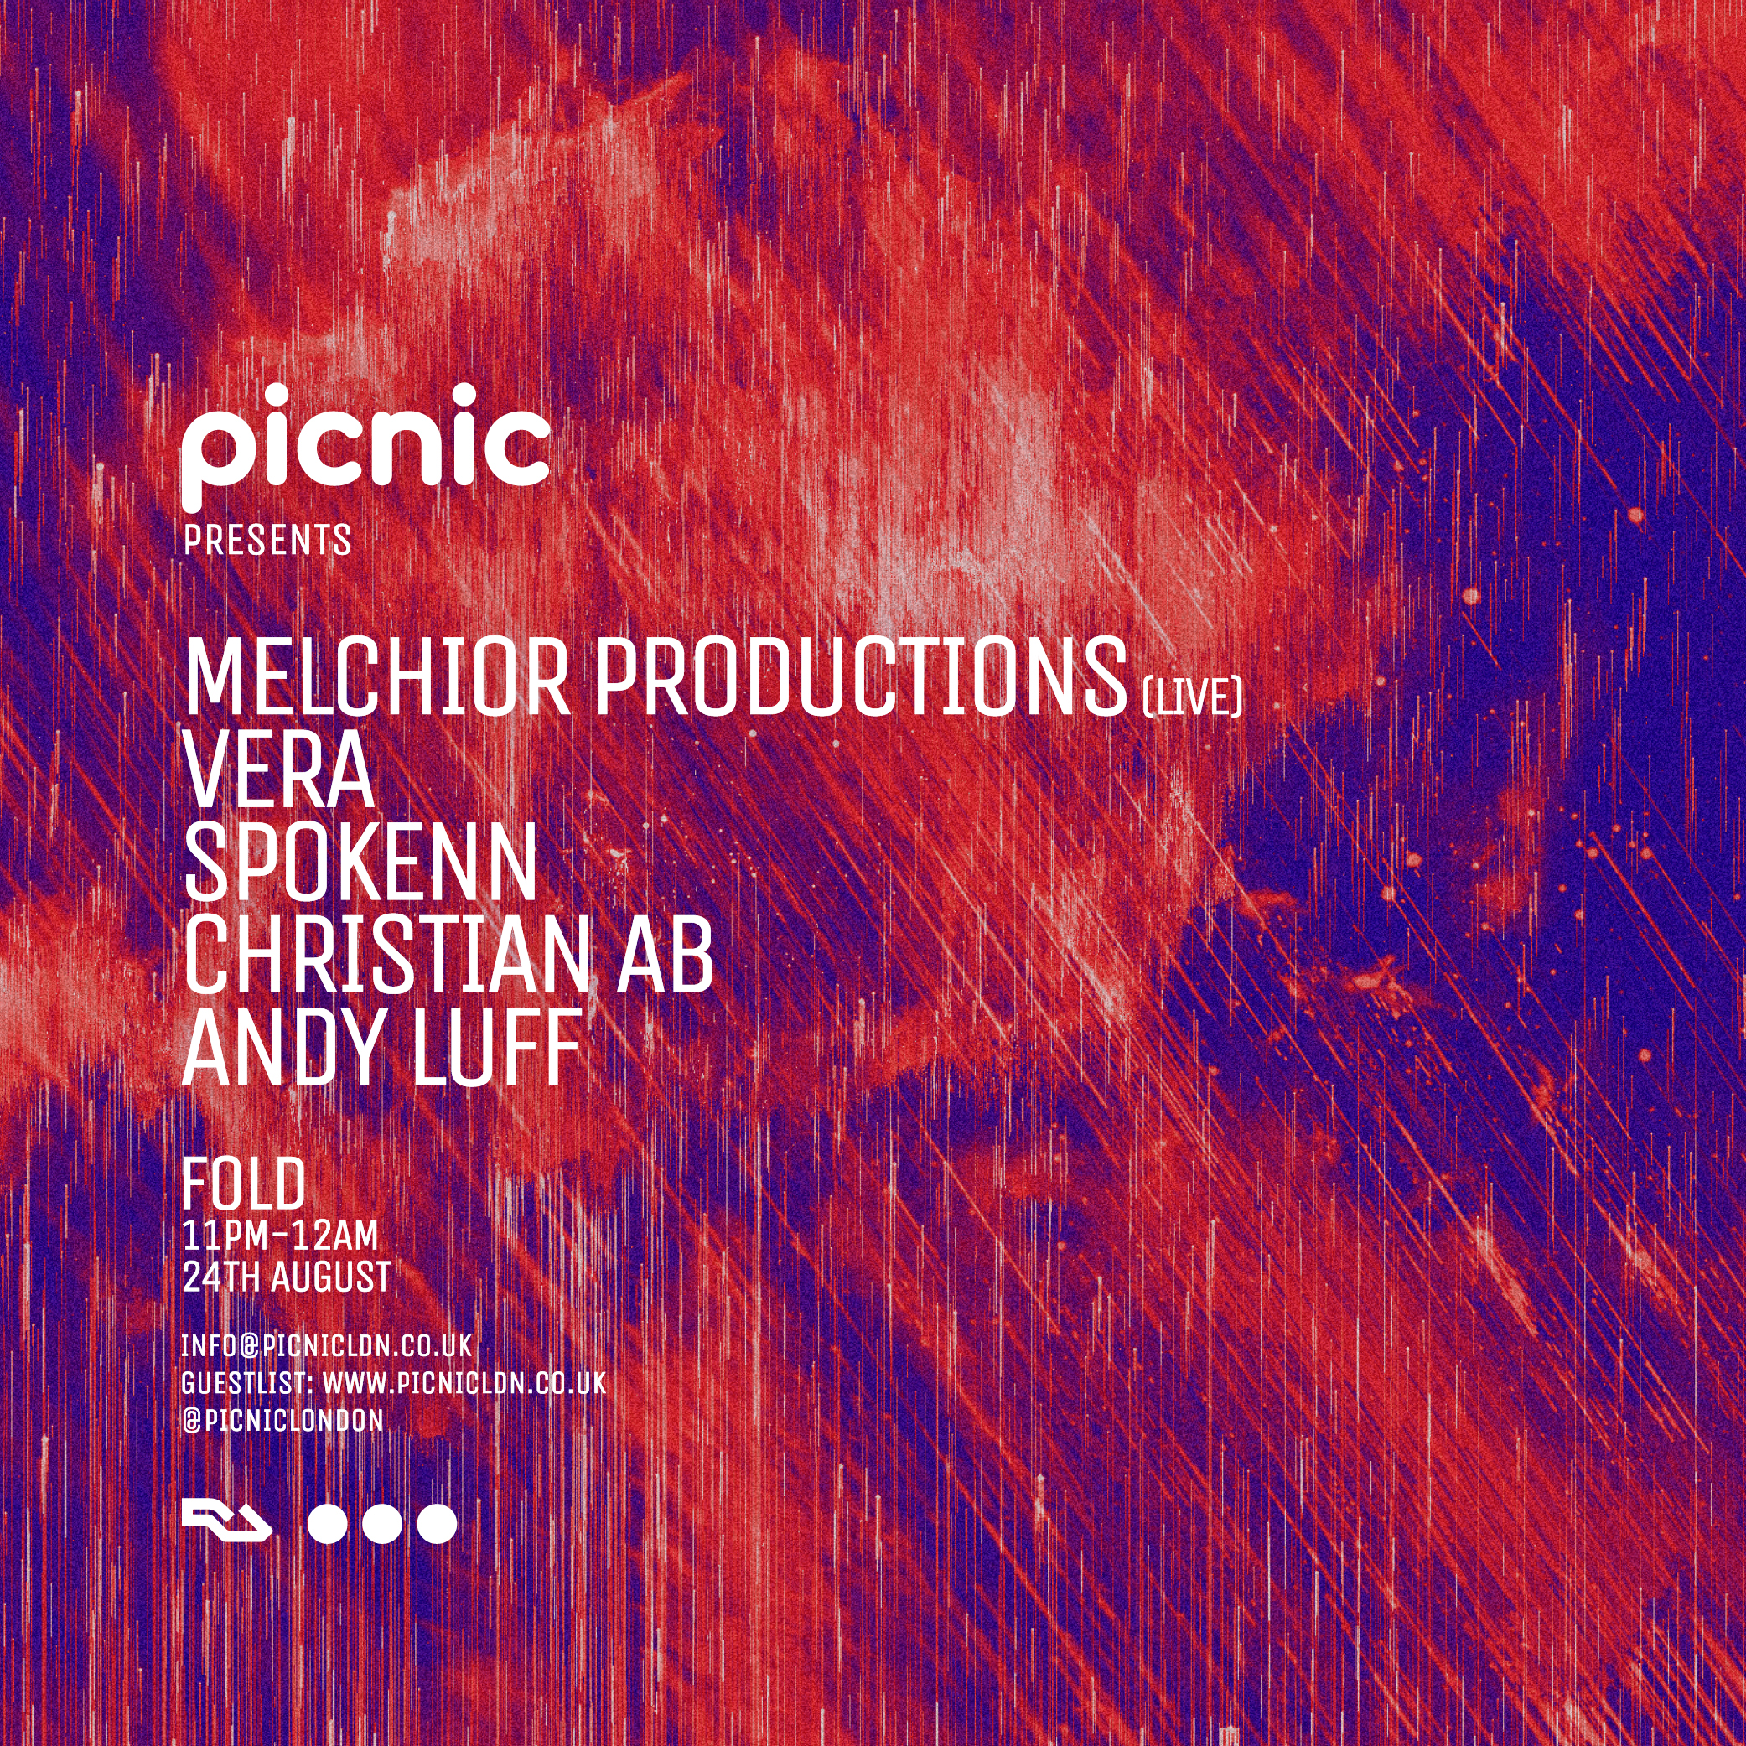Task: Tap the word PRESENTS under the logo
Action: tap(267, 541)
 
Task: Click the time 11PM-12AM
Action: tap(280, 1236)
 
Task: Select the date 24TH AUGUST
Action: tap(288, 1277)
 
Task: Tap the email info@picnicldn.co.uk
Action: tap(327, 1345)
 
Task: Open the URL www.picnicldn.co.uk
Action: tap(464, 1384)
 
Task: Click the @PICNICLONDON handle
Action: tap(282, 1421)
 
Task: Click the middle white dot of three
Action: tap(382, 1523)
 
